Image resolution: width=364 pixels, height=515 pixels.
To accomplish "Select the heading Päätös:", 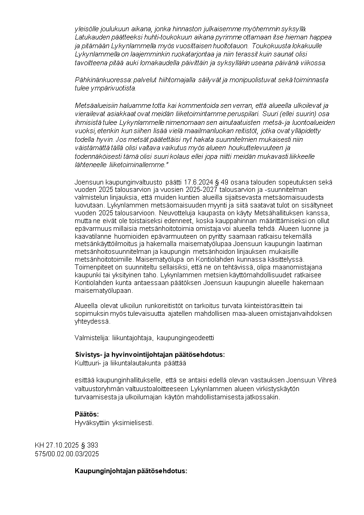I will coord(87,414).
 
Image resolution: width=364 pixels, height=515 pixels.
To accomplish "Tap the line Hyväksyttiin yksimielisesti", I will coord(114,423).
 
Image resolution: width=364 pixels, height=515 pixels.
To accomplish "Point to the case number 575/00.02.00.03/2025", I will coord(67,453).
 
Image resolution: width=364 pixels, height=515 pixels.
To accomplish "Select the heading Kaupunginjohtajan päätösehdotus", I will coord(131,471).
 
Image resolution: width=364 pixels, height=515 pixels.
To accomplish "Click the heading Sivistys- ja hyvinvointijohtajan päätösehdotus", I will coord(149,354).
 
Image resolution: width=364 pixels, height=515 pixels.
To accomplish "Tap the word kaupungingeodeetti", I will coord(185,338).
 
